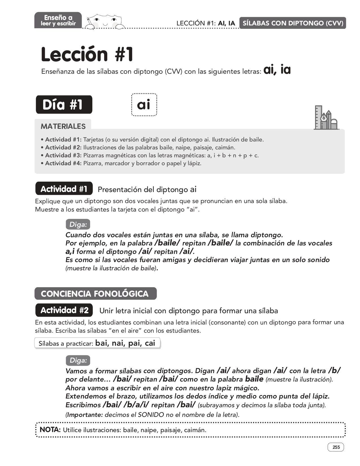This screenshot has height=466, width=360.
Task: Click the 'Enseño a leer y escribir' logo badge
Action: coord(58,20)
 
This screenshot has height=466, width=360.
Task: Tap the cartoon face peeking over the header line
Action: coord(105,21)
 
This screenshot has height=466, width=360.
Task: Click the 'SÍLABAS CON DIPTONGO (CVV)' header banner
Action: coord(293,23)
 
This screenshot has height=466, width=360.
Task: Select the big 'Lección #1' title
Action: coord(87,54)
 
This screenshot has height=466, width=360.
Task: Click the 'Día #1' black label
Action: coord(64,104)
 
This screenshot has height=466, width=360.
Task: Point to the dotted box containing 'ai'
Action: coord(144,105)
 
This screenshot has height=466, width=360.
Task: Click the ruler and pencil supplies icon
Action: coord(326,118)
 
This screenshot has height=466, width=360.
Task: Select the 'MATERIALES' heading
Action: coord(63,126)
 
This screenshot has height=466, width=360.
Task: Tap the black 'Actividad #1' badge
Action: coord(64,189)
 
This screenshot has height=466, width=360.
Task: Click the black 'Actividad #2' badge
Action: coord(64,310)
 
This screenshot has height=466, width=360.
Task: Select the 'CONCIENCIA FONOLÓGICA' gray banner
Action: coord(95,294)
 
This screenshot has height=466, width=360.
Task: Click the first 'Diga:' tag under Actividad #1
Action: coord(78,225)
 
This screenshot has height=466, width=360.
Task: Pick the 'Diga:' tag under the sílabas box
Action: coord(78,360)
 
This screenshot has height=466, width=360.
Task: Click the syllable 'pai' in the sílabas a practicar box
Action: coord(134,343)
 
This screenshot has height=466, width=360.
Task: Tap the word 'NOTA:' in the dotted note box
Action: coord(50,430)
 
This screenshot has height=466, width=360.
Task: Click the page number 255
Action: coord(336,447)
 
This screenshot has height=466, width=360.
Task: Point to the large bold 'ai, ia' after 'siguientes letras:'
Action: coord(277,70)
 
